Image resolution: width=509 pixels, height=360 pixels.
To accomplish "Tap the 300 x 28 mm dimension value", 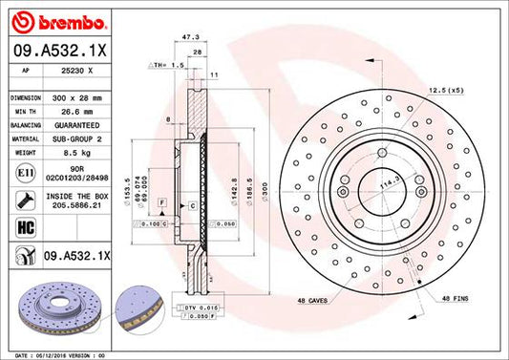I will tap(77, 97).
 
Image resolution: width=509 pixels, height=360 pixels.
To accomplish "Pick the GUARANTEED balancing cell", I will tap(77, 124).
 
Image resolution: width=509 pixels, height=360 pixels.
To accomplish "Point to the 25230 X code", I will tap(77, 70).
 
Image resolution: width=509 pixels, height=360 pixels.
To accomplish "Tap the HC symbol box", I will tap(22, 228).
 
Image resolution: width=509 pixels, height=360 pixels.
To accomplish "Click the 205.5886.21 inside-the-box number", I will tap(77, 204).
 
